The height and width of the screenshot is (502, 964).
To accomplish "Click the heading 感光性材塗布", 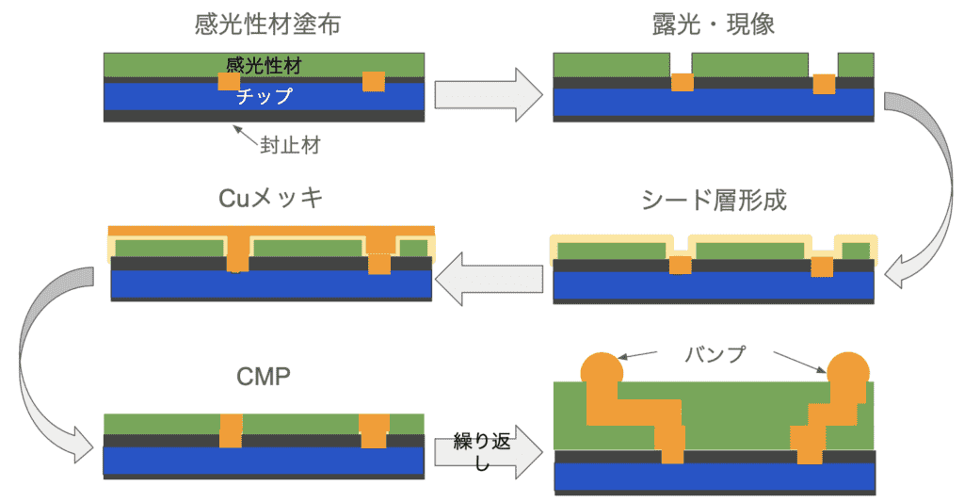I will (266, 24).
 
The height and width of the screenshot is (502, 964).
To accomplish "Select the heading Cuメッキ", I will (271, 200).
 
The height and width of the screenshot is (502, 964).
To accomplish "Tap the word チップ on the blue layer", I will (264, 96).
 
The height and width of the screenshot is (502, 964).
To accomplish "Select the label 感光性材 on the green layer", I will (263, 65).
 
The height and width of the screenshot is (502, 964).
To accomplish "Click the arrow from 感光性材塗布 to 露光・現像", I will (490, 95).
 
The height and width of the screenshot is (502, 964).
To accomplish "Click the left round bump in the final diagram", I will (602, 369).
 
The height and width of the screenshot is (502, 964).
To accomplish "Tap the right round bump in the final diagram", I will (846, 369).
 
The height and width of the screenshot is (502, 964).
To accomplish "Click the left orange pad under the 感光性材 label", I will (229, 82).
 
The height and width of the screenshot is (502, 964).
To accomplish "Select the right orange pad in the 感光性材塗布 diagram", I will (374, 81).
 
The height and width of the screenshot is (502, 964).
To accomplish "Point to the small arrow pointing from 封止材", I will (248, 134).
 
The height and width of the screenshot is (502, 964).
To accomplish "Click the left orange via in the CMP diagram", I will (231, 430).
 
